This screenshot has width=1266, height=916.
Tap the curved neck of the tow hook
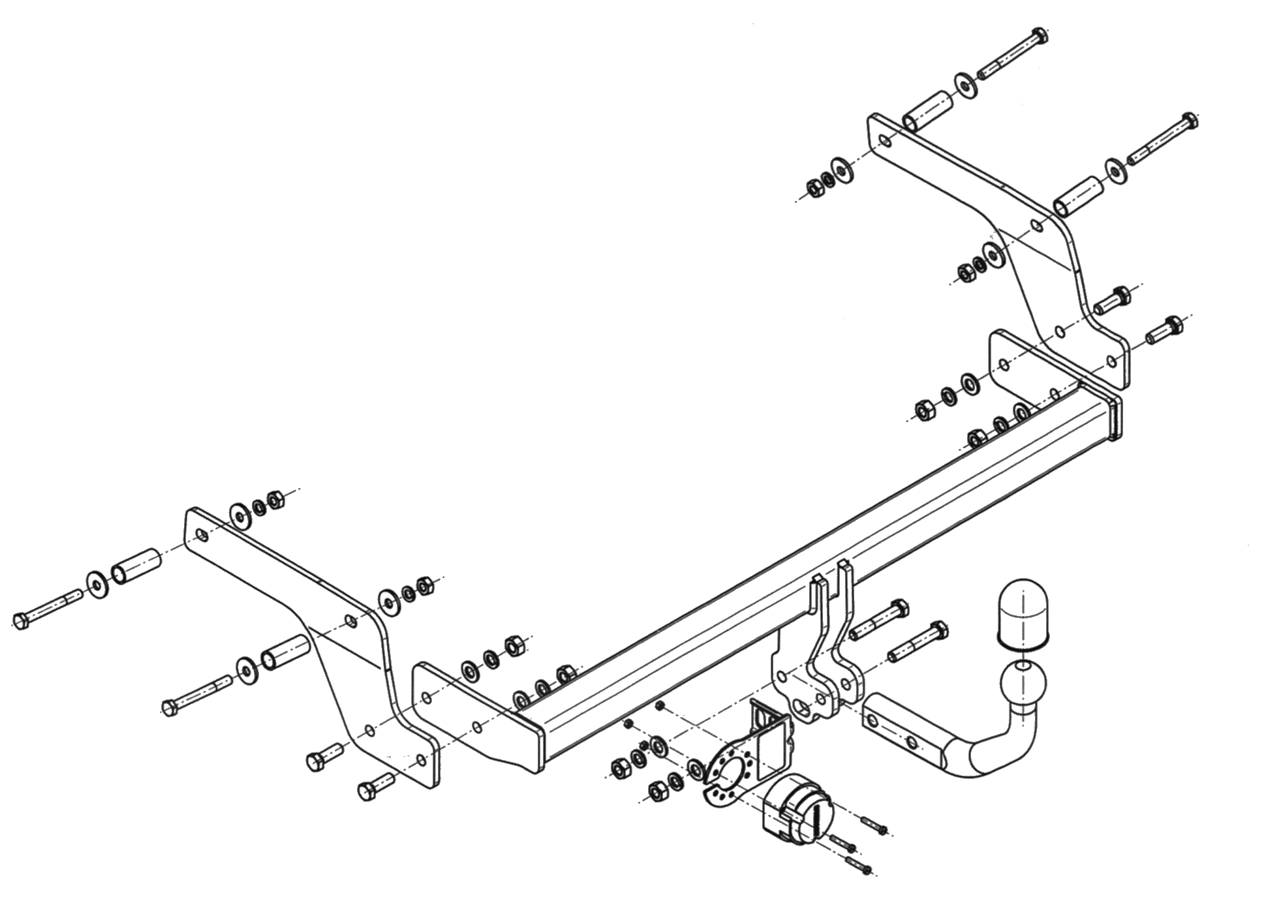pos(998,751)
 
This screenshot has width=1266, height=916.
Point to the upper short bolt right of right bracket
pos(1112,299)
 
